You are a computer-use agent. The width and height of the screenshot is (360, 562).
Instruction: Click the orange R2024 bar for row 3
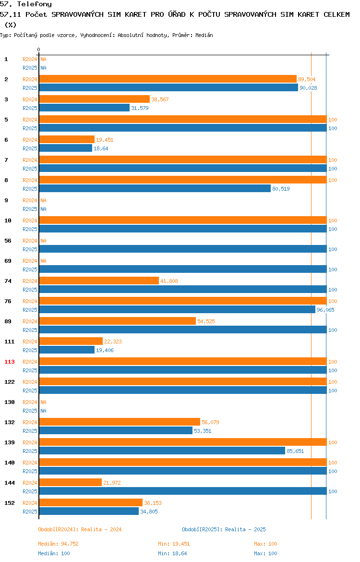click(x=95, y=99)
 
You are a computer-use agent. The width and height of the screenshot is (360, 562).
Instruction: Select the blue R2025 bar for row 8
click(x=155, y=188)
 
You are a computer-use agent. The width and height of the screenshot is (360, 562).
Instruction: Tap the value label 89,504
click(x=307, y=79)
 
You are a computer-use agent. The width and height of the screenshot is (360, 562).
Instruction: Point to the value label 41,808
click(x=169, y=281)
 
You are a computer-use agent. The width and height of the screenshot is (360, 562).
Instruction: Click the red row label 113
click(x=10, y=362)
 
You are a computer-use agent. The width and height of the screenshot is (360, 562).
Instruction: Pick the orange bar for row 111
click(x=71, y=341)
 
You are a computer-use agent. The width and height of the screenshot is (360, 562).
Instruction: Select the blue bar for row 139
click(x=162, y=451)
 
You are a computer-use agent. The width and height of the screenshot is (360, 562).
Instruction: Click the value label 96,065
click(x=325, y=310)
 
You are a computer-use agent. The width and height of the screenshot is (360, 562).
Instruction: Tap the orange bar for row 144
click(x=71, y=482)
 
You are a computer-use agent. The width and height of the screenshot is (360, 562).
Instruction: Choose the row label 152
click(x=10, y=503)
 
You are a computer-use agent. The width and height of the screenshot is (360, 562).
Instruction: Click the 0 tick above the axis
click(x=39, y=49)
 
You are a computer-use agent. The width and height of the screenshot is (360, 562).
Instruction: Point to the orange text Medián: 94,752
click(x=59, y=544)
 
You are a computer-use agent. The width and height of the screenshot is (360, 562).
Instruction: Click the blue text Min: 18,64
click(x=172, y=553)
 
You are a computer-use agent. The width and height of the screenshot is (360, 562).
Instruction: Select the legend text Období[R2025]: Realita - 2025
click(x=224, y=529)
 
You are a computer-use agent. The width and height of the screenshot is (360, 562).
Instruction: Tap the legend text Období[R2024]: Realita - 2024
click(x=80, y=529)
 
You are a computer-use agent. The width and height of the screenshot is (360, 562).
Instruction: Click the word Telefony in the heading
click(x=35, y=4)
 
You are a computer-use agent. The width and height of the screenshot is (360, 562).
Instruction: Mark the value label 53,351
click(x=203, y=431)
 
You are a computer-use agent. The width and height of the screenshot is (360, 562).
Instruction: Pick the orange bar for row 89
click(x=118, y=321)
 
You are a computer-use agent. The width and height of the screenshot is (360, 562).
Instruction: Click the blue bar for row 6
click(x=66, y=148)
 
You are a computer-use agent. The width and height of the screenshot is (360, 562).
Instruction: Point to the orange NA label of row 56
click(x=43, y=241)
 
